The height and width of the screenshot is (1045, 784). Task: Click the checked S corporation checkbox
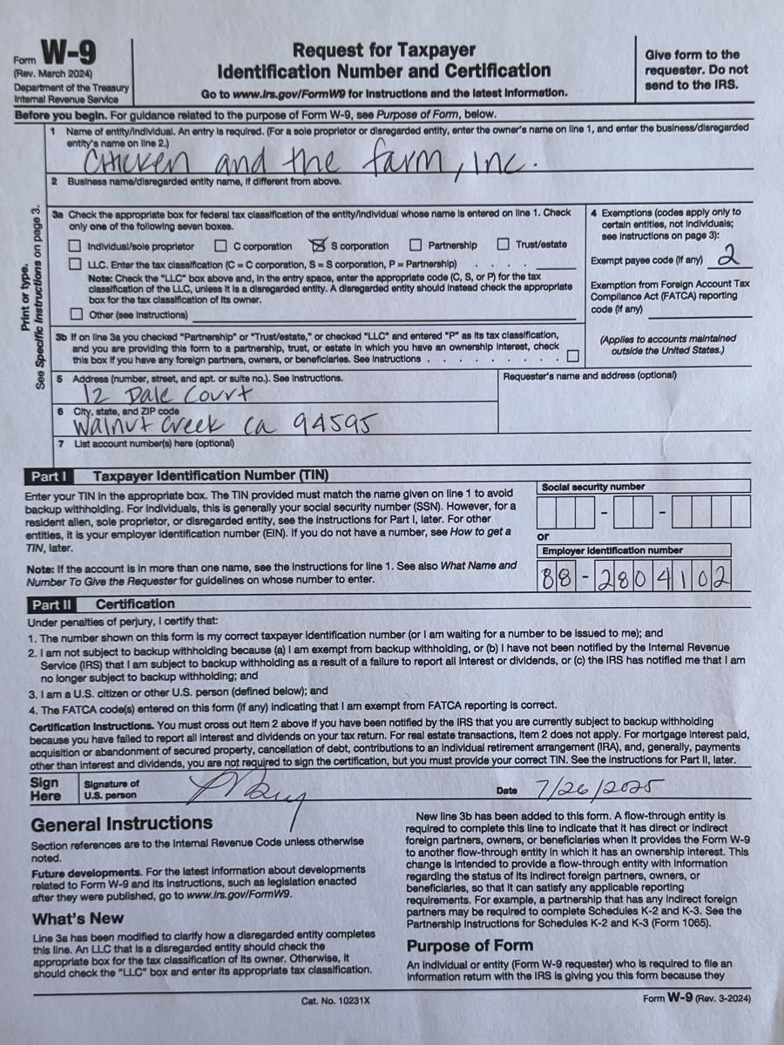click(x=318, y=246)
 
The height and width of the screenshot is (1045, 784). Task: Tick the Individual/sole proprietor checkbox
click(x=76, y=246)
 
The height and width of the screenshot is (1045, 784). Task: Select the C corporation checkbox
click(x=221, y=246)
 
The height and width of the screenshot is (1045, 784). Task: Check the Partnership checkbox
click(x=416, y=246)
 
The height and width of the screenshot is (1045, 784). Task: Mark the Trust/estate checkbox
click(x=504, y=245)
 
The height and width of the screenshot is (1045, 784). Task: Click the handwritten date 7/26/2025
click(x=601, y=788)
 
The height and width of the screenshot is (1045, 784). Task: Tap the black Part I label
click(x=50, y=476)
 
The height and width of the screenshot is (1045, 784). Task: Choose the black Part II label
click(x=52, y=603)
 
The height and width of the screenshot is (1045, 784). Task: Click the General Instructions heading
click(x=121, y=823)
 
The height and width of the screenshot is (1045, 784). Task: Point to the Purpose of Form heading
click(x=470, y=945)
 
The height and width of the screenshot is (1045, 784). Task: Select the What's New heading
click(x=78, y=918)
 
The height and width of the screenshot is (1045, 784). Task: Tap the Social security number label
click(x=593, y=487)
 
